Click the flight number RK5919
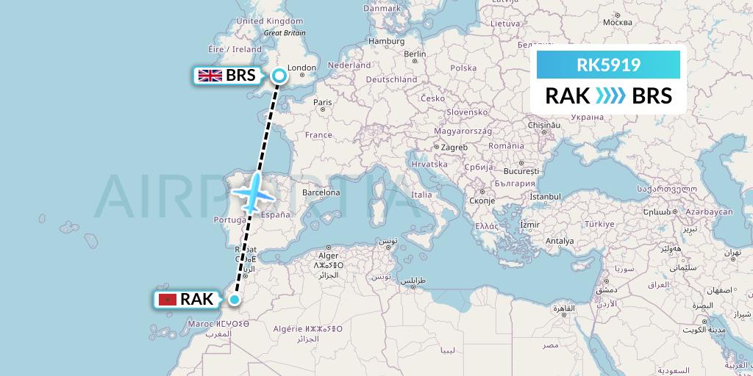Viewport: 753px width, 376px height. click(608, 65)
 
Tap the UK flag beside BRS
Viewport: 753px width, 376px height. click(210, 75)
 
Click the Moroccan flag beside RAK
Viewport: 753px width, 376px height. click(168, 299)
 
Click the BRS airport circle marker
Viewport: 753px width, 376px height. click(279, 74)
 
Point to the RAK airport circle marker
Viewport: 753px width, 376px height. click(235, 299)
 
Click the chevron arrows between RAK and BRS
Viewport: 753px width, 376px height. click(610, 95)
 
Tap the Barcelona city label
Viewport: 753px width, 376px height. click(319, 193)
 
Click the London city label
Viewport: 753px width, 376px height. click(302, 68)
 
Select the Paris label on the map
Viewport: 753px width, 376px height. click(322, 102)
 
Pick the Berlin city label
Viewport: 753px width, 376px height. click(415, 54)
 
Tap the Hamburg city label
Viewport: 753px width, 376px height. click(387, 42)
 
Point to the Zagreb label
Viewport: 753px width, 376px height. click(454, 147)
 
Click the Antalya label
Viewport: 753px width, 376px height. click(560, 240)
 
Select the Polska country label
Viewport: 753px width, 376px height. click(464, 68)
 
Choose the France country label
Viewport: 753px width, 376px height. click(319, 135)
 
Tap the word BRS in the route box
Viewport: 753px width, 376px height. click(652, 95)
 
